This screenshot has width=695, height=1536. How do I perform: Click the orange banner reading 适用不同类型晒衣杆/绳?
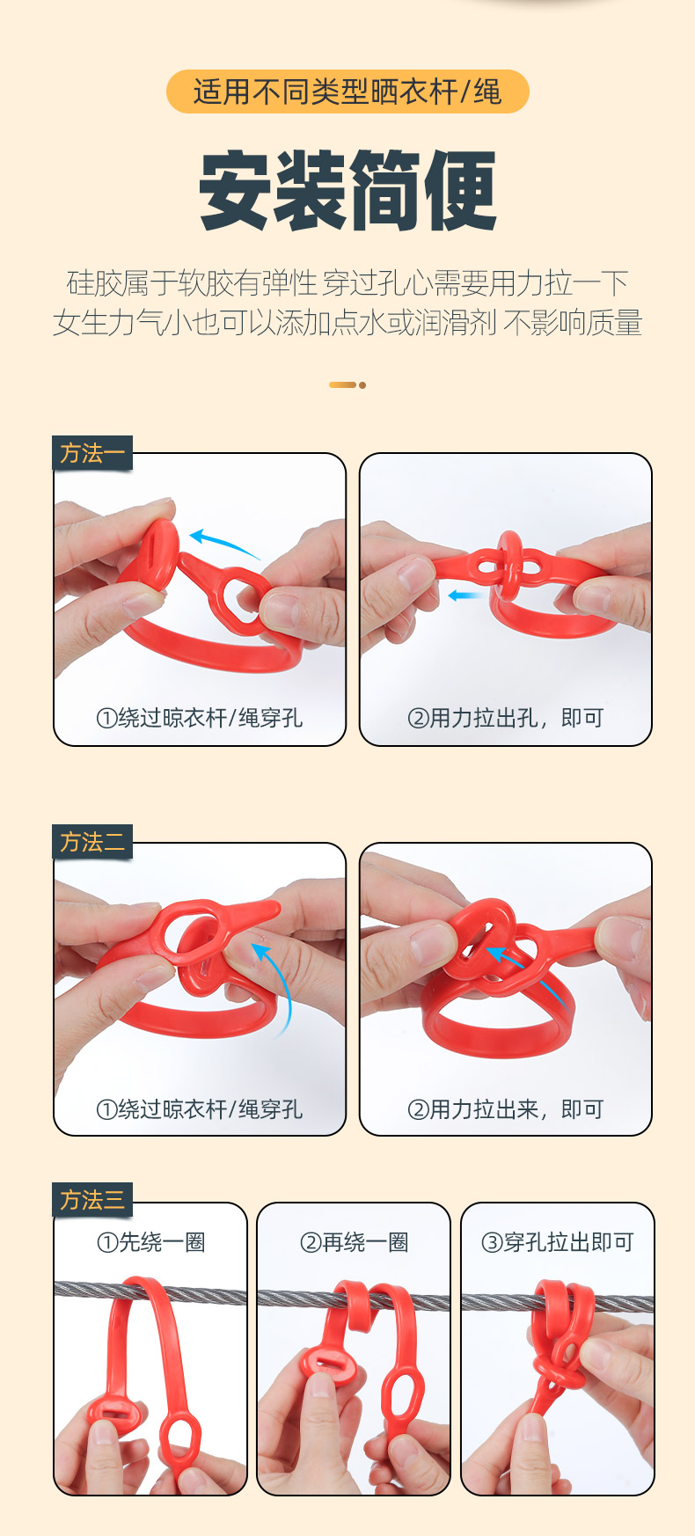(x=347, y=91)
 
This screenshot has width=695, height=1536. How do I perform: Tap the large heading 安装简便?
(x=348, y=191)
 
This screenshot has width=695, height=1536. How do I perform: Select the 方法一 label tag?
(x=92, y=453)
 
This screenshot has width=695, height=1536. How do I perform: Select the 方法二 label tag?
(x=92, y=843)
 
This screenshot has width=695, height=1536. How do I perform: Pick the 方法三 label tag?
(x=92, y=1200)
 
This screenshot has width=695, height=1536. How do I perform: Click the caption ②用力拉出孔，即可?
(x=506, y=718)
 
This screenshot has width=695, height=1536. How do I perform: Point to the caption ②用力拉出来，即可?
(x=506, y=1109)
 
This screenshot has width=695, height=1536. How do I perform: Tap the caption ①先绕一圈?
(x=151, y=1242)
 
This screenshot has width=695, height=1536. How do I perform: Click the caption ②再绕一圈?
(x=355, y=1242)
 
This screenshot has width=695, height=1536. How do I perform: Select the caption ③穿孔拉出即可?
(x=558, y=1242)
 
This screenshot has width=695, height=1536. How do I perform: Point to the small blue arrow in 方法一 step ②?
(x=466, y=596)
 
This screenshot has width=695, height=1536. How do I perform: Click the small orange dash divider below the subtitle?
(x=347, y=384)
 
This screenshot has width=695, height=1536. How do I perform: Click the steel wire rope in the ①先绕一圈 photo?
(x=150, y=1291)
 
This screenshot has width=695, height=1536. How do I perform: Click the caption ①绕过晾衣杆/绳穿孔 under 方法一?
(x=200, y=718)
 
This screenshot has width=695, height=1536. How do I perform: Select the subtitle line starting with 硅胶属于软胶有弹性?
(x=347, y=283)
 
